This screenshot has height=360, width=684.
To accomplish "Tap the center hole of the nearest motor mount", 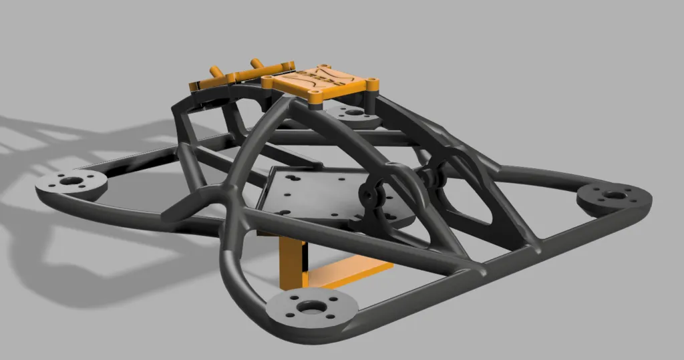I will click(311, 307).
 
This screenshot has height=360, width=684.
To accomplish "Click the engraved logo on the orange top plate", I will click(319, 78).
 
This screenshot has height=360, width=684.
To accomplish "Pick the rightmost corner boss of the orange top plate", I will click(371, 83).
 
